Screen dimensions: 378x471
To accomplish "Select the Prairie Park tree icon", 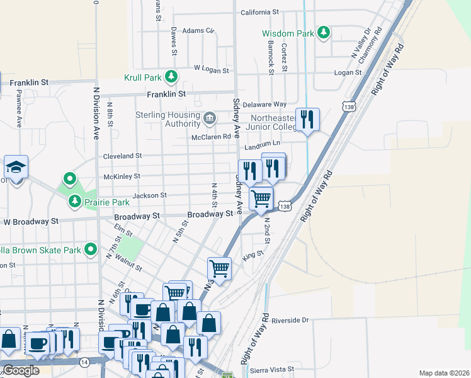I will click(x=75, y=202).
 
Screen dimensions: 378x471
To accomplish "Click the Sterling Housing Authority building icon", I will click(x=209, y=117).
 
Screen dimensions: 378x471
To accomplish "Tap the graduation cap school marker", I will click(x=16, y=168).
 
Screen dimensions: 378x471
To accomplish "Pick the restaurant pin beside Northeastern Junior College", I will click(x=307, y=120).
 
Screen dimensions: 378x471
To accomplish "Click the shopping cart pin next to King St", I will click(x=219, y=268).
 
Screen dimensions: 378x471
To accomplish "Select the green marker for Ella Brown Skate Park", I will click(x=91, y=250).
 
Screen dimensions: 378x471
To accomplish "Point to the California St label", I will click(x=259, y=12).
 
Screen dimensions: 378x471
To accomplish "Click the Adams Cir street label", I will click(x=198, y=30).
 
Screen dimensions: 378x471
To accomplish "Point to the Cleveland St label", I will click(x=123, y=156).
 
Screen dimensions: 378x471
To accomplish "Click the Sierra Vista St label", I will click(x=272, y=369).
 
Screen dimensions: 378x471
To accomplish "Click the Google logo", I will click(x=21, y=370).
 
